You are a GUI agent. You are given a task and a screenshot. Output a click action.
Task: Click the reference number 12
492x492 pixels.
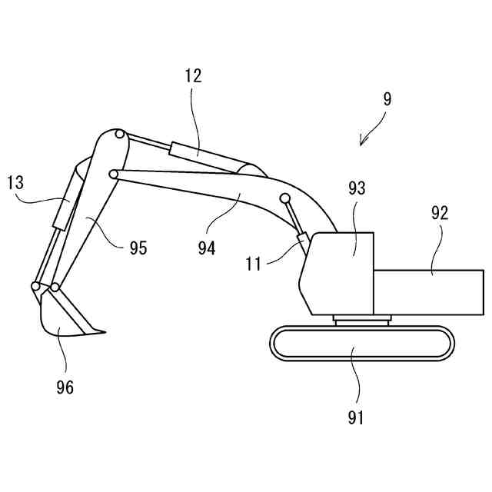[192, 77]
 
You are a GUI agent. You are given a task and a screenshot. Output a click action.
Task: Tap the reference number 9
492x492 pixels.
[387, 99]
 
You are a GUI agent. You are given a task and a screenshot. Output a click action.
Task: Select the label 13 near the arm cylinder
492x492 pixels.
[15, 183]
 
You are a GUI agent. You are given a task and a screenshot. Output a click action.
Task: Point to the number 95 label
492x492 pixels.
[138, 248]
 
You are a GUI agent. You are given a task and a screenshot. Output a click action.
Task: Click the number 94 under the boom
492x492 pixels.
[207, 248]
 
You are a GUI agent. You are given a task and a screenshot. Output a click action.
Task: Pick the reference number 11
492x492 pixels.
[254, 264]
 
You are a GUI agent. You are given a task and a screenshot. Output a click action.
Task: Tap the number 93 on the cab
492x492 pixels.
[357, 188]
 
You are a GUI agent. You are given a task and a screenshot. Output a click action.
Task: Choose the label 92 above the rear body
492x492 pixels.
[439, 213]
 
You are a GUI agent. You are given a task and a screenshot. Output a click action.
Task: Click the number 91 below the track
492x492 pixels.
[355, 417]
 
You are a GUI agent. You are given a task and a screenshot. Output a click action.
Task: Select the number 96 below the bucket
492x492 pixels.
[65, 387]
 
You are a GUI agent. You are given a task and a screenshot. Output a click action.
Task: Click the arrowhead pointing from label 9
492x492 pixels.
[361, 143]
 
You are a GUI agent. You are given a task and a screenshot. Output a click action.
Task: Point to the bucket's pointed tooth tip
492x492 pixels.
[103, 332]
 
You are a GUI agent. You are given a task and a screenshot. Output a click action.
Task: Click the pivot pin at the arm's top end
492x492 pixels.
[120, 135]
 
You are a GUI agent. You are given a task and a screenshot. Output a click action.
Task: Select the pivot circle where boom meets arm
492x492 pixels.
[114, 174]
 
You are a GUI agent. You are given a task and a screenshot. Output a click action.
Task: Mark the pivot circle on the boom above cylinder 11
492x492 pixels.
[285, 198]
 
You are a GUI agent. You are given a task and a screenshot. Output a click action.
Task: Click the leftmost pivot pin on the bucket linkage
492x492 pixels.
[36, 287]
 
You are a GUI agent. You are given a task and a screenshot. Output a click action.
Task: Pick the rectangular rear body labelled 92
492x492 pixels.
[428, 292]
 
